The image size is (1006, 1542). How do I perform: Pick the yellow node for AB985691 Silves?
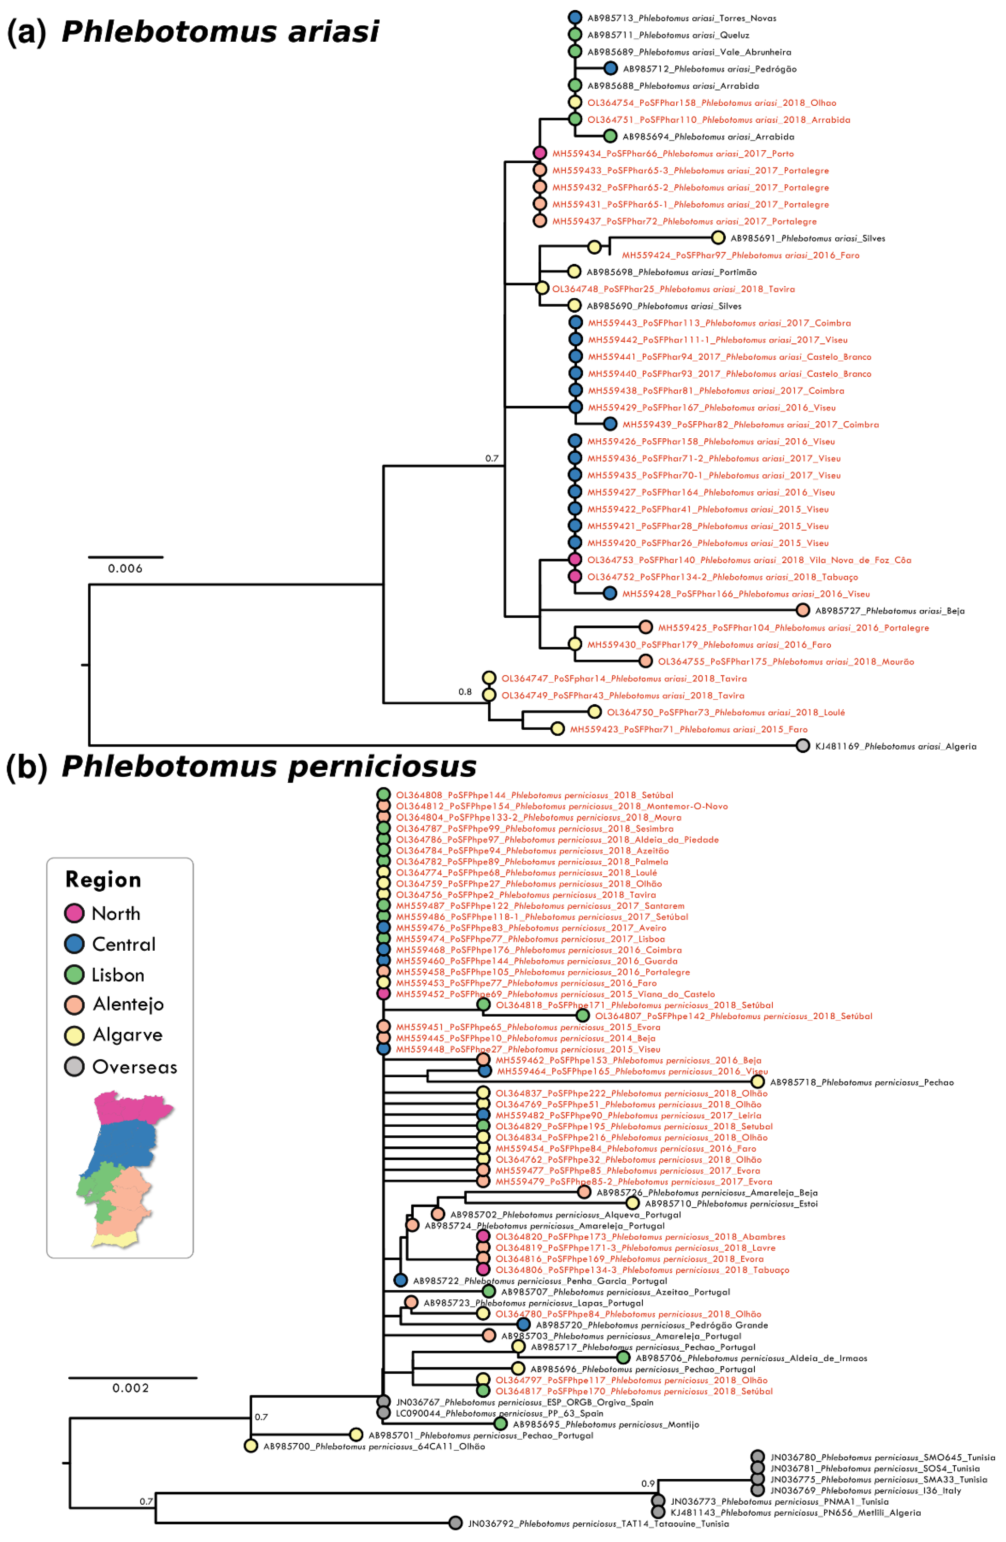point(717,238)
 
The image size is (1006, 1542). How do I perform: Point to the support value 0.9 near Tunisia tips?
point(648,1483)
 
